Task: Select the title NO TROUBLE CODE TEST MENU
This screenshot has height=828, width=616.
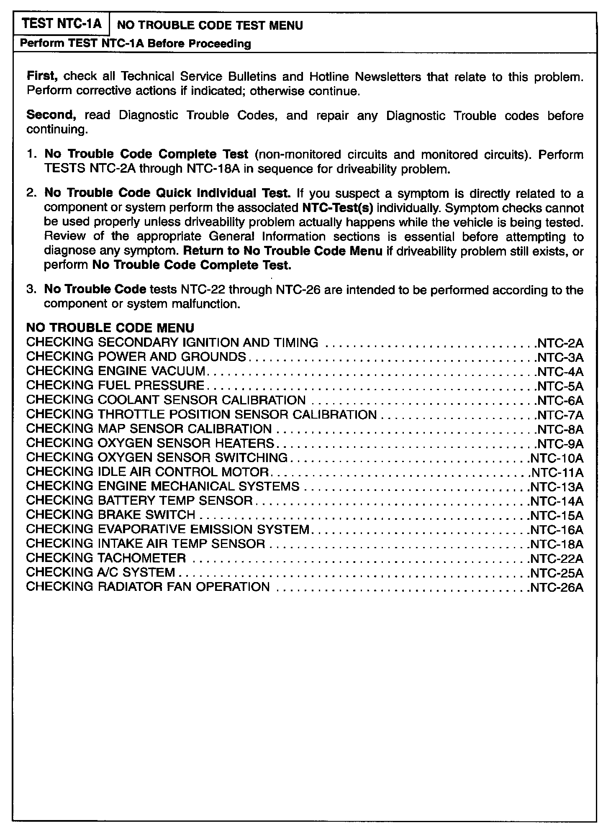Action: coord(210,26)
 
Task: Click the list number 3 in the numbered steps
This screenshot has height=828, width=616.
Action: coord(32,289)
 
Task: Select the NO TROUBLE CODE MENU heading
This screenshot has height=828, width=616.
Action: coord(110,327)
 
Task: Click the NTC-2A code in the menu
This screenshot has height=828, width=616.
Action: coord(560,343)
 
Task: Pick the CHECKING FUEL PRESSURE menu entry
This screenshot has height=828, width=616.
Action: coord(115,385)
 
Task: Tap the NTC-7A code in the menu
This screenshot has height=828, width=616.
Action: coord(560,415)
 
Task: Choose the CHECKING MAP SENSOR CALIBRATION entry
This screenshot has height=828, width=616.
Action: coord(149,429)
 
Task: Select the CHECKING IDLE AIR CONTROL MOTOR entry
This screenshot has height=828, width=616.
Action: coord(147,472)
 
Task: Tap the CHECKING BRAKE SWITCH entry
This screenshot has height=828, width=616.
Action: coord(110,515)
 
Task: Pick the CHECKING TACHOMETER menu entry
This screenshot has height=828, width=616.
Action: coord(106,558)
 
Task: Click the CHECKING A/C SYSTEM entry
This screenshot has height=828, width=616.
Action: coord(100,572)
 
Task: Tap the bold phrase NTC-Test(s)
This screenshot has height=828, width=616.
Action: coord(337,208)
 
